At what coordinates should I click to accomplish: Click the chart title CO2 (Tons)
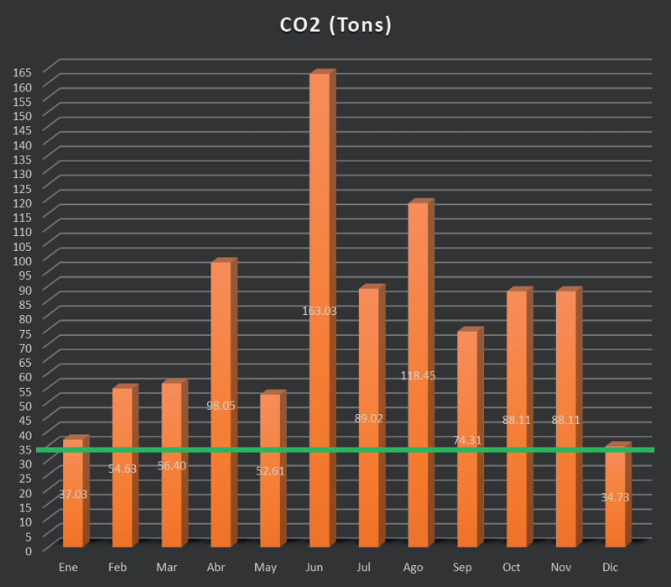click(335, 25)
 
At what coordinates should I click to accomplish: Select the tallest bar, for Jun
click(319, 210)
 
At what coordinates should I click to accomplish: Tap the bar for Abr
click(220, 336)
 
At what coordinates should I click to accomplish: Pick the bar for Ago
click(417, 294)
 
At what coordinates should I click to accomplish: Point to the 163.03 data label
click(320, 311)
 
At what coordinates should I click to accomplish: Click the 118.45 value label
click(418, 375)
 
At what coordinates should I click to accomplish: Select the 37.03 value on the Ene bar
click(73, 494)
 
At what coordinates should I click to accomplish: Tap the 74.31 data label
click(467, 440)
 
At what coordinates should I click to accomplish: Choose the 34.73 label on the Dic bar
click(615, 497)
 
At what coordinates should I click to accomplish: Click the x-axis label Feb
click(117, 569)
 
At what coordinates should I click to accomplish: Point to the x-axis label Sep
click(462, 569)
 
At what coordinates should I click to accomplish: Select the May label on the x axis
click(265, 569)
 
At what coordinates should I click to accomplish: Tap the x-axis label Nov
click(561, 569)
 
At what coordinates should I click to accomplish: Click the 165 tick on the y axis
click(22, 71)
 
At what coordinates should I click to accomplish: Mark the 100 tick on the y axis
click(22, 260)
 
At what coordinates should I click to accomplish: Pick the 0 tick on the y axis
click(27, 550)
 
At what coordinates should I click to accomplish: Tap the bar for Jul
click(368, 353)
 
